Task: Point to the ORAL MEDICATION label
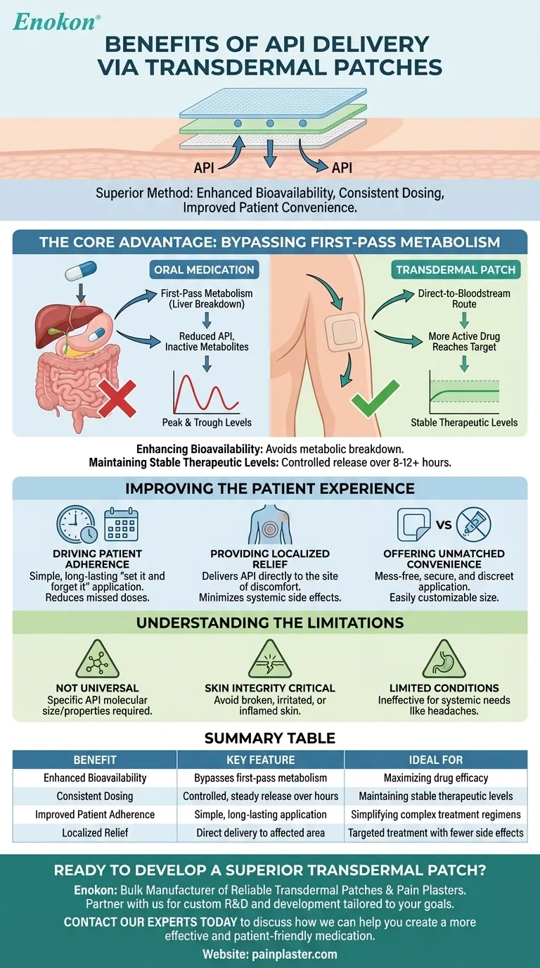tap(204, 269)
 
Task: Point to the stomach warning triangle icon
tap(442, 660)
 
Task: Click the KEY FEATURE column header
tap(261, 760)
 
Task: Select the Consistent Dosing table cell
tap(95, 796)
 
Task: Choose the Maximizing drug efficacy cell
tap(436, 778)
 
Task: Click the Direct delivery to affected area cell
tap(261, 833)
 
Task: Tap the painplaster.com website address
tap(270, 955)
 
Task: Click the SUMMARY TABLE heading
tap(270, 738)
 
